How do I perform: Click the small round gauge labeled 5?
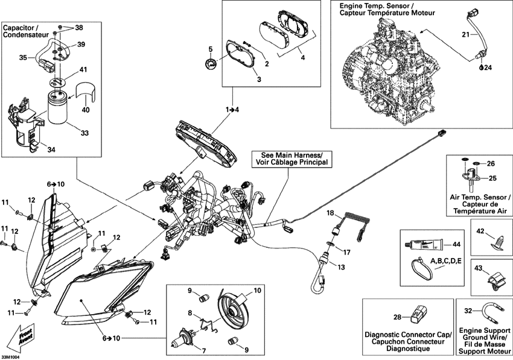click(x=210, y=65)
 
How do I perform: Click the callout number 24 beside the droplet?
click(x=488, y=68)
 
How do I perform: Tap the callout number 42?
click(x=480, y=231)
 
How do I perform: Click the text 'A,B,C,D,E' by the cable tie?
click(x=445, y=261)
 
